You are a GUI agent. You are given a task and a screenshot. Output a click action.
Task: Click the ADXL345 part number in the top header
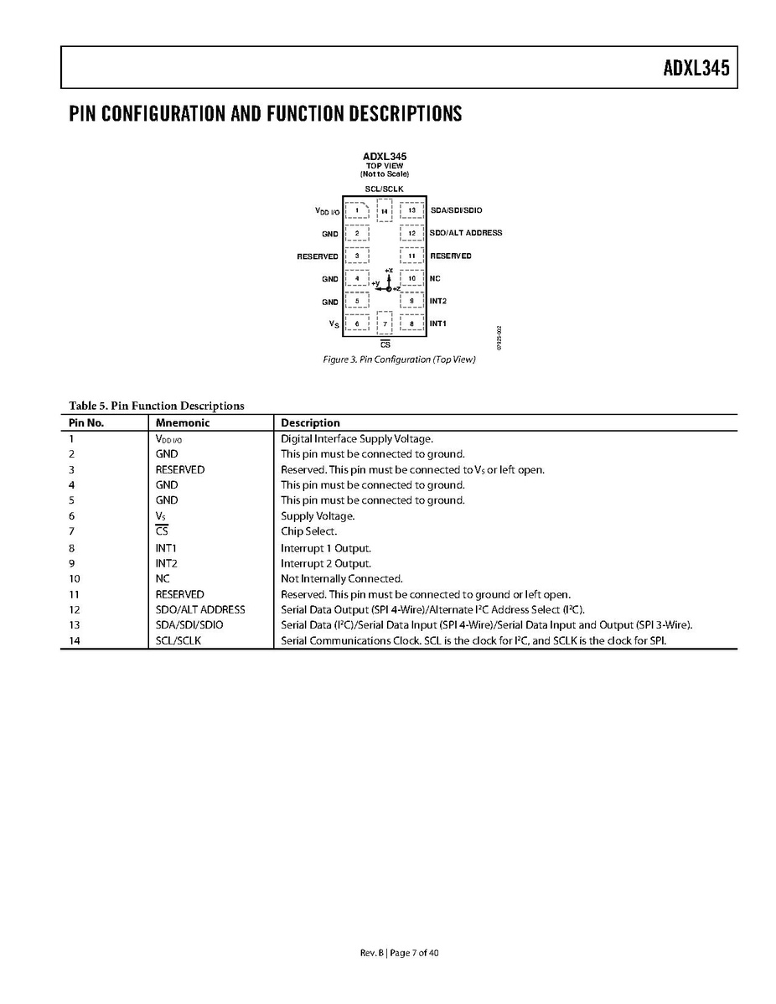pos(696,68)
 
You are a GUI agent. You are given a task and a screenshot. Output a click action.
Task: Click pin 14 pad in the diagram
pos(385,211)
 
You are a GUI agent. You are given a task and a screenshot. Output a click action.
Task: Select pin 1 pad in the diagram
pos(357,210)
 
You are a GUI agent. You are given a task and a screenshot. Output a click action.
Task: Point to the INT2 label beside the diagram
pos(438,300)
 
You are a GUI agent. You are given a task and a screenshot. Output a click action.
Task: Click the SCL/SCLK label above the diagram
pos(384,189)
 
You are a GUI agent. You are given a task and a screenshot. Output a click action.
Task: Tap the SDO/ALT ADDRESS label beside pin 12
pos(466,232)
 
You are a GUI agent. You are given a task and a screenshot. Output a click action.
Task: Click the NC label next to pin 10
pos(435,278)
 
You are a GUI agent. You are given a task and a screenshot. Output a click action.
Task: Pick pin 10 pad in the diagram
pos(411,278)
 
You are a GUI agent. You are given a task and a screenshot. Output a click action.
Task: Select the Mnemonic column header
pos(183,423)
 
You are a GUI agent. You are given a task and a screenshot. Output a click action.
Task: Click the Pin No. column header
pos(86,423)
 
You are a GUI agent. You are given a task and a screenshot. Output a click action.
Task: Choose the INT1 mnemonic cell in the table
pos(166,548)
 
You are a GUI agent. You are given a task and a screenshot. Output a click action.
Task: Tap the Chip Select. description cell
pos(308,531)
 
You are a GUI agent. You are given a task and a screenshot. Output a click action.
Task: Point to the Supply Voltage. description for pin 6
pos(318,516)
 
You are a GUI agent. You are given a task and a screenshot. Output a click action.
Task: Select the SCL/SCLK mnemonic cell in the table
pos(178,641)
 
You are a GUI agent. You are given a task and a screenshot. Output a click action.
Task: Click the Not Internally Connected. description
pos(341,578)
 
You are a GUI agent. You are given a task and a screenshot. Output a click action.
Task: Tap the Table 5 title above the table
pos(157,406)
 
